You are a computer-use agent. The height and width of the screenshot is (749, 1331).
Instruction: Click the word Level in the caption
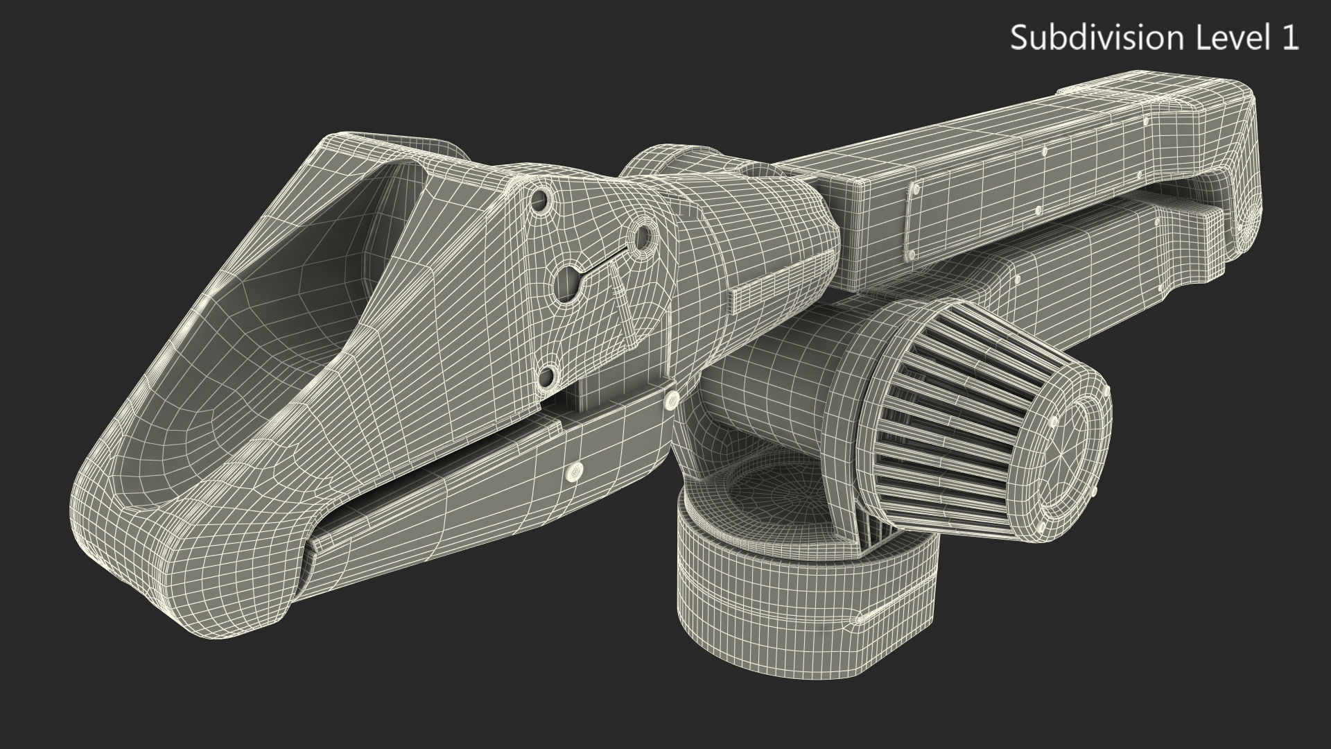[1228, 37]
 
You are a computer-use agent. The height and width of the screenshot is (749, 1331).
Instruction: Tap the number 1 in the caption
[1289, 37]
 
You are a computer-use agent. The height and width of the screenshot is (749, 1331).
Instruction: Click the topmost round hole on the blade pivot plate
[541, 203]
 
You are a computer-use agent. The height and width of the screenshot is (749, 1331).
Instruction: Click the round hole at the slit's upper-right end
[642, 236]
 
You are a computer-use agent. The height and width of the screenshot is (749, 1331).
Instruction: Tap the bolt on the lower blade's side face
[575, 472]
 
